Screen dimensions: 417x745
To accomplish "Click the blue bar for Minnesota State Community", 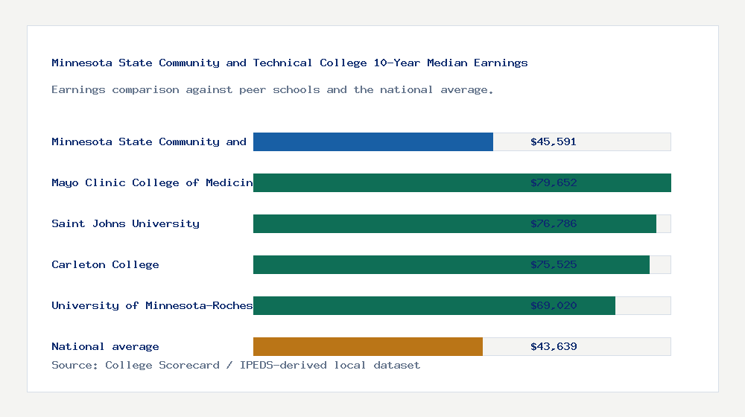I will (x=372, y=141).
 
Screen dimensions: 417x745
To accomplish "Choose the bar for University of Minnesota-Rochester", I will (x=387, y=305).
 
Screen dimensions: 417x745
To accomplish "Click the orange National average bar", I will (x=367, y=346).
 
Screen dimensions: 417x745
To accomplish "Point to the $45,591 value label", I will (x=554, y=141).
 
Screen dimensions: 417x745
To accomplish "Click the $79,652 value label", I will (x=554, y=182).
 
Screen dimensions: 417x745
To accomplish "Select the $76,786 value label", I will (x=554, y=223).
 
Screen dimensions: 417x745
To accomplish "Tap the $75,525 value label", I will (x=554, y=264).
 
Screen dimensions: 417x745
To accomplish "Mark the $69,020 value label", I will (x=554, y=305).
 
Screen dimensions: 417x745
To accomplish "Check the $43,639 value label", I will (x=554, y=346).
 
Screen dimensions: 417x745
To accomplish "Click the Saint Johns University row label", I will (x=125, y=223).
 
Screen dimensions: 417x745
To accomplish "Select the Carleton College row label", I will (x=105, y=264).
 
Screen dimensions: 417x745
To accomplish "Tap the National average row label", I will (x=105, y=346).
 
